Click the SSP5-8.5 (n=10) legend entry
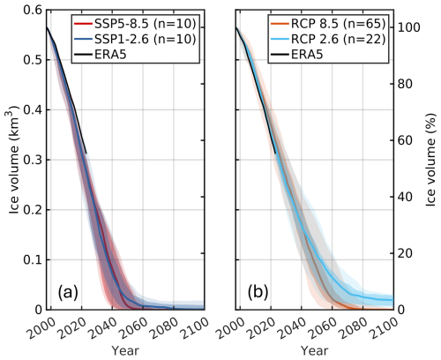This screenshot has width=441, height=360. (x=135, y=24)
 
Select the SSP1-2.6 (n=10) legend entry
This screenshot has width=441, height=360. (x=135, y=39)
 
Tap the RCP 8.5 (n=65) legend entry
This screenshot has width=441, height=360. (x=327, y=24)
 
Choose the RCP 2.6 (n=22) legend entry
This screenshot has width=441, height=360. (x=327, y=39)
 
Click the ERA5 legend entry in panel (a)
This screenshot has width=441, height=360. (x=101, y=55)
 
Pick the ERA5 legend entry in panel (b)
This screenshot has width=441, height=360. (x=296, y=55)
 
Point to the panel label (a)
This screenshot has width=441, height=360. (x=68, y=292)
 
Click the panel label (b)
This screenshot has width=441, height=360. (x=258, y=292)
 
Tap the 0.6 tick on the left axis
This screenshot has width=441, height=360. (x=33, y=11)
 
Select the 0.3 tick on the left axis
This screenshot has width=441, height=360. (x=33, y=160)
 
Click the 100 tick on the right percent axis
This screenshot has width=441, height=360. (x=409, y=27)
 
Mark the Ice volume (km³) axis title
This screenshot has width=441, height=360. (x=14, y=160)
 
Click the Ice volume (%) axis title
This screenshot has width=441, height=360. (x=430, y=160)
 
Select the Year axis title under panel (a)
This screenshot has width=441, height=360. (x=125, y=350)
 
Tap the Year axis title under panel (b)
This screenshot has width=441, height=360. (x=315, y=350)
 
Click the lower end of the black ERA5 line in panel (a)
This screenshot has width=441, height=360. (x=86, y=154)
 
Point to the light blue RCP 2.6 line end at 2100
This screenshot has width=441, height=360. (x=392, y=300)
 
